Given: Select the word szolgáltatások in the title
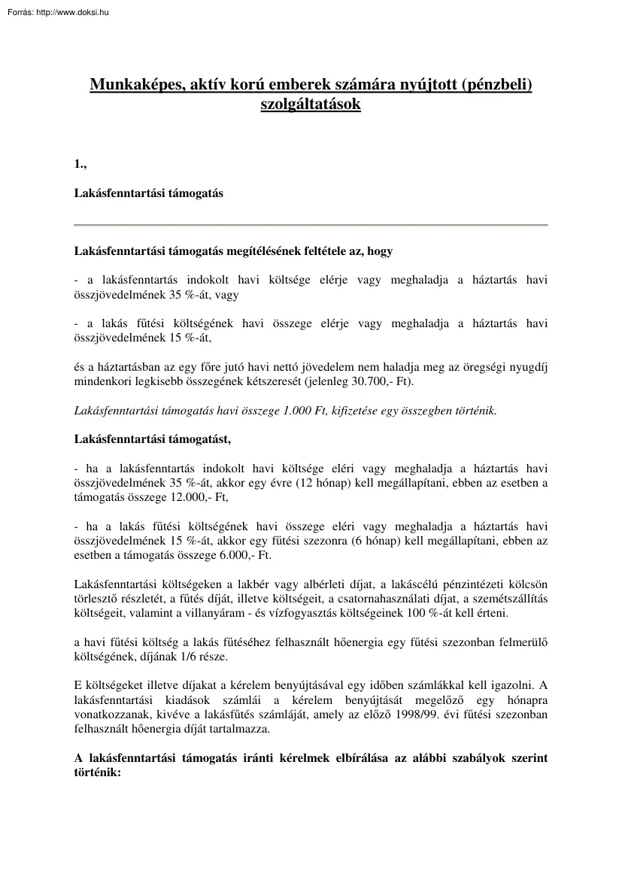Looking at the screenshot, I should click(x=311, y=105).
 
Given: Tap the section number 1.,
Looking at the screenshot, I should click(x=80, y=164).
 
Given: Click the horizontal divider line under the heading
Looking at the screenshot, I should click(x=311, y=225).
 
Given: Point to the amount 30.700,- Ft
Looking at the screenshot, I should click(x=380, y=381).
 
